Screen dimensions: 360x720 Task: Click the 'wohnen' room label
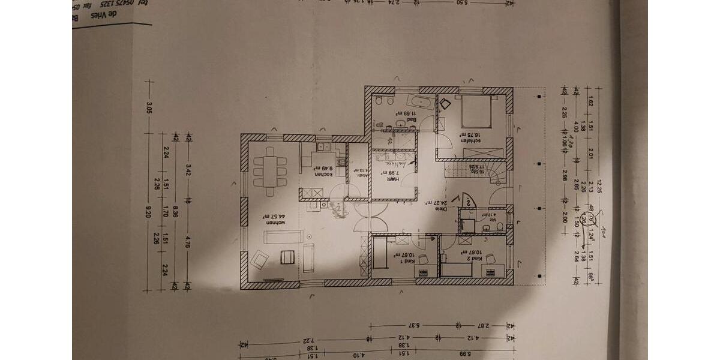pyautogui.click(x=276, y=223)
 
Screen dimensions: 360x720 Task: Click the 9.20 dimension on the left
pyautogui.click(x=149, y=211)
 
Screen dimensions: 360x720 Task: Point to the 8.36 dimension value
pyautogui.click(x=175, y=211)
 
